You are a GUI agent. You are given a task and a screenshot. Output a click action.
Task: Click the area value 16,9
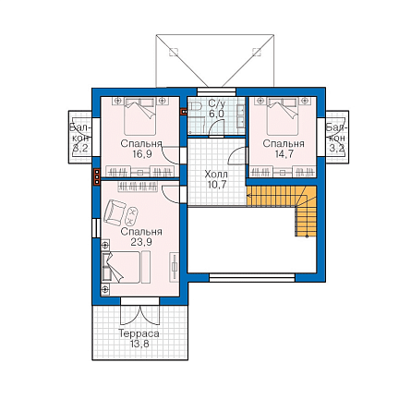point(142,154)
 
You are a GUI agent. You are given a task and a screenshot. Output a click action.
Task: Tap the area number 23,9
point(141,242)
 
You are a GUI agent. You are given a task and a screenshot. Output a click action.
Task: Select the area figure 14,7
point(284,154)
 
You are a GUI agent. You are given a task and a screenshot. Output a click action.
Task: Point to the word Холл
point(216,175)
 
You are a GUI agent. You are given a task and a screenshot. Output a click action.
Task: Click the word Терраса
point(139,333)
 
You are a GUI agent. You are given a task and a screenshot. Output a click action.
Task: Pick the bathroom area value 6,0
point(216,114)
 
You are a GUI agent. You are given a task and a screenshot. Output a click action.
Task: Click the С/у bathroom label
point(216,103)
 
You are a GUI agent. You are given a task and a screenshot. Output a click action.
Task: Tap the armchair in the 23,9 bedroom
point(115,212)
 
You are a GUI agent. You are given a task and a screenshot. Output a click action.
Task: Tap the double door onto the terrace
point(140,314)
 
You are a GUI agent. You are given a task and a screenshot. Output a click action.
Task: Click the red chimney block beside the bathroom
point(184,112)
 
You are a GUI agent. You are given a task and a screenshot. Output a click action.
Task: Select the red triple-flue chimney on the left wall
point(97,176)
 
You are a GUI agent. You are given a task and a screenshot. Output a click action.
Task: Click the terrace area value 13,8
point(139,344)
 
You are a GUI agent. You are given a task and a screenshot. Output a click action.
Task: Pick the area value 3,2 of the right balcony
point(337,149)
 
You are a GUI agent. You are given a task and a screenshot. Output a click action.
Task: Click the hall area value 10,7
point(217,185)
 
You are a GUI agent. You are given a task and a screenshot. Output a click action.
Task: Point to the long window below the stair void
point(252,278)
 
